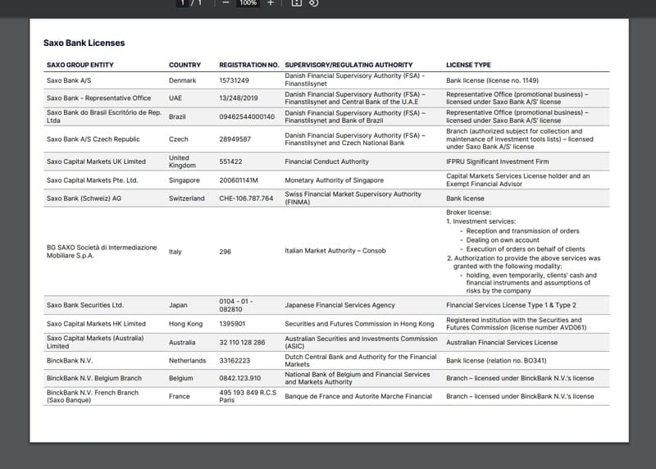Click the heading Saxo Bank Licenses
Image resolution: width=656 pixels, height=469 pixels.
(x=84, y=43)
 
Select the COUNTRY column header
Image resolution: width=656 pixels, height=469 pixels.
(x=184, y=65)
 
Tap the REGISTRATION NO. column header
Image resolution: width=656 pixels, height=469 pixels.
(x=248, y=65)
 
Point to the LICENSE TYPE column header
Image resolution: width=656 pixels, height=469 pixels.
(x=468, y=65)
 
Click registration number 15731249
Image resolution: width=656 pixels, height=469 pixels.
(x=234, y=80)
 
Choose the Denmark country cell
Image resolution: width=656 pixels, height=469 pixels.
(x=182, y=80)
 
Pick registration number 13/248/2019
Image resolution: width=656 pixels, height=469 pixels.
(x=239, y=98)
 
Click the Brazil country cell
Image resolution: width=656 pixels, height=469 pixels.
(x=177, y=117)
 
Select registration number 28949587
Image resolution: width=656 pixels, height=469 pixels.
(x=235, y=139)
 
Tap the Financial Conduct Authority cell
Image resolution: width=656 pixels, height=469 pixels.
(x=326, y=162)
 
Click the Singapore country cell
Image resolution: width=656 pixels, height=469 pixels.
(x=184, y=180)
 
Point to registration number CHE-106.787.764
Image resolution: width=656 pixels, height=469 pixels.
(x=246, y=198)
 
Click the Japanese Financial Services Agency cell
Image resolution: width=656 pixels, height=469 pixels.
(x=339, y=305)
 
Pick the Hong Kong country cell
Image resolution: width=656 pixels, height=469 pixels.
(x=185, y=324)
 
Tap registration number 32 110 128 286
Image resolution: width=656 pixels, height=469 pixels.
(x=242, y=342)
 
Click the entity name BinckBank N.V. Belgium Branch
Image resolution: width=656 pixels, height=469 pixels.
(x=94, y=378)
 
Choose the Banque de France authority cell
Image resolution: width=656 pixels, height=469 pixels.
(x=358, y=396)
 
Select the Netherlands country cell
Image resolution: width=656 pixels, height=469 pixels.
(x=187, y=360)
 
